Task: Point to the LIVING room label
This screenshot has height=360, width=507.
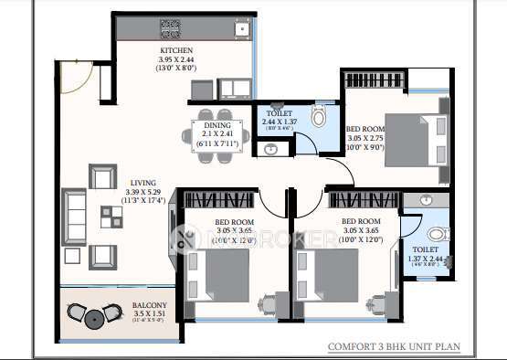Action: (x=143, y=182)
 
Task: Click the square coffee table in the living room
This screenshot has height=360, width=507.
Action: (x=111, y=217)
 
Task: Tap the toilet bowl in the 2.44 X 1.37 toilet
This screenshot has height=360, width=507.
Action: (x=318, y=117)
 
